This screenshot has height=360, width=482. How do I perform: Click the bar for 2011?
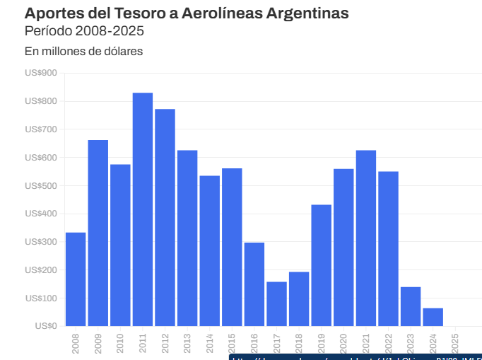(x=143, y=209)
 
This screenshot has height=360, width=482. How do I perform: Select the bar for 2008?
(x=76, y=279)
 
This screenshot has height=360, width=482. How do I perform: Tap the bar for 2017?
(x=276, y=304)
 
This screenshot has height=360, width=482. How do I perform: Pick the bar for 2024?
(x=433, y=317)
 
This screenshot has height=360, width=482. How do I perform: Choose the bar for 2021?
(x=365, y=238)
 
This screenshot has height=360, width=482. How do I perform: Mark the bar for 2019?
(x=321, y=265)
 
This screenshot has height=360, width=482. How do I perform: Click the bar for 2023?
(x=411, y=306)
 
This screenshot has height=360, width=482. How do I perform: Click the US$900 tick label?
(x=41, y=73)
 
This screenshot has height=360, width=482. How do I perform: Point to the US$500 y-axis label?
(x=41, y=185)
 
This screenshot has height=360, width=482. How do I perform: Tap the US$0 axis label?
(x=45, y=326)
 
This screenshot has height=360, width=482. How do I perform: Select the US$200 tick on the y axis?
(x=41, y=270)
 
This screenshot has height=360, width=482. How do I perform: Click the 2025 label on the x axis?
(x=455, y=342)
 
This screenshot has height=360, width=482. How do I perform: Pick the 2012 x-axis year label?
(x=165, y=342)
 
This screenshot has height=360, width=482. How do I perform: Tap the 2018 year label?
(x=299, y=342)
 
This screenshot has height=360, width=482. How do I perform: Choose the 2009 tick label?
(x=98, y=342)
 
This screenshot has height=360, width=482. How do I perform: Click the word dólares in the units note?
(x=123, y=52)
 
